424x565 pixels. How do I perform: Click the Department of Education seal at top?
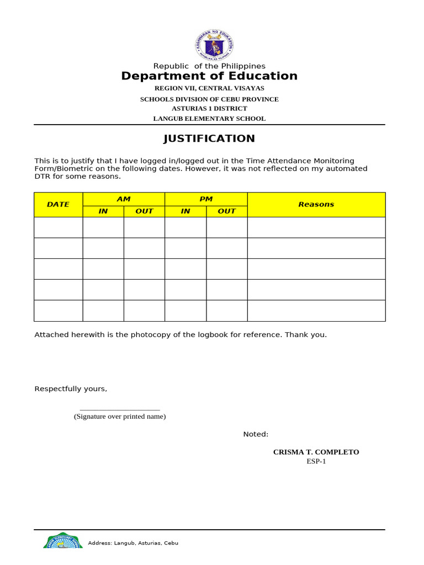coord(214,45)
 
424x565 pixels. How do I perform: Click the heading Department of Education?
coord(209,76)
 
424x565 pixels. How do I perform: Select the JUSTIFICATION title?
coord(209,138)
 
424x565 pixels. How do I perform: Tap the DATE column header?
coord(58,204)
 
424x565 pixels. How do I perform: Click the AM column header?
coord(124,199)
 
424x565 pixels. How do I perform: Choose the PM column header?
coord(206,199)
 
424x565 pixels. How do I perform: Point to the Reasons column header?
coord(316,204)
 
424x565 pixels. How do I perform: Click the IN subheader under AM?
coord(103,211)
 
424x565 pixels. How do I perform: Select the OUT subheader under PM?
coord(226,211)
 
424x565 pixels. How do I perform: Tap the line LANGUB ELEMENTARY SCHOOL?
coord(209,119)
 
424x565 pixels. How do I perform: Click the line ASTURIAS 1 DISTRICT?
coord(209,109)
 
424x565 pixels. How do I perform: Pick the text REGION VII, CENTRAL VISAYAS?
coord(209,88)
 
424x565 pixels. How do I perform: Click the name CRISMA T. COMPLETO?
coord(316,452)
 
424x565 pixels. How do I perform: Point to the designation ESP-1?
coord(316,461)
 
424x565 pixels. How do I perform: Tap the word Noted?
coord(256,434)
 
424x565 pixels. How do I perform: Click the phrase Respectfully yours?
coord(71,389)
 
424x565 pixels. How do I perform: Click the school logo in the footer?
coord(63,541)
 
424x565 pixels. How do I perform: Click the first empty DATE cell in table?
coord(58,227)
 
